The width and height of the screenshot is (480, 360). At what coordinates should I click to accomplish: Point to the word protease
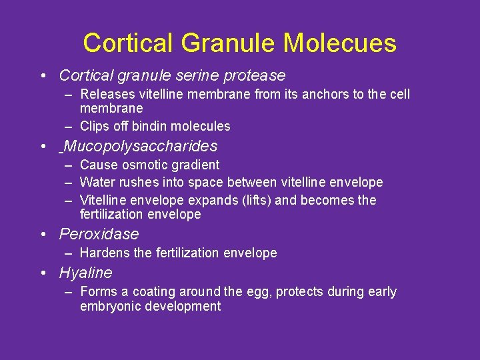point(257,75)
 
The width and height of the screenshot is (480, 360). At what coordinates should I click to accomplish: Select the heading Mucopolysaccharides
point(140,146)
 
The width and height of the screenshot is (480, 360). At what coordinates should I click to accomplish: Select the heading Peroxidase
point(99,234)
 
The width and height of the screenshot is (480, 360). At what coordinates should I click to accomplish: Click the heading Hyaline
point(85,273)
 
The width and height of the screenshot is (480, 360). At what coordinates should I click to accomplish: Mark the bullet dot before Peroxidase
point(43,235)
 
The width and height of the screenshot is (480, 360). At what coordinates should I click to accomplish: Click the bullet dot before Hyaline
point(43,273)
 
